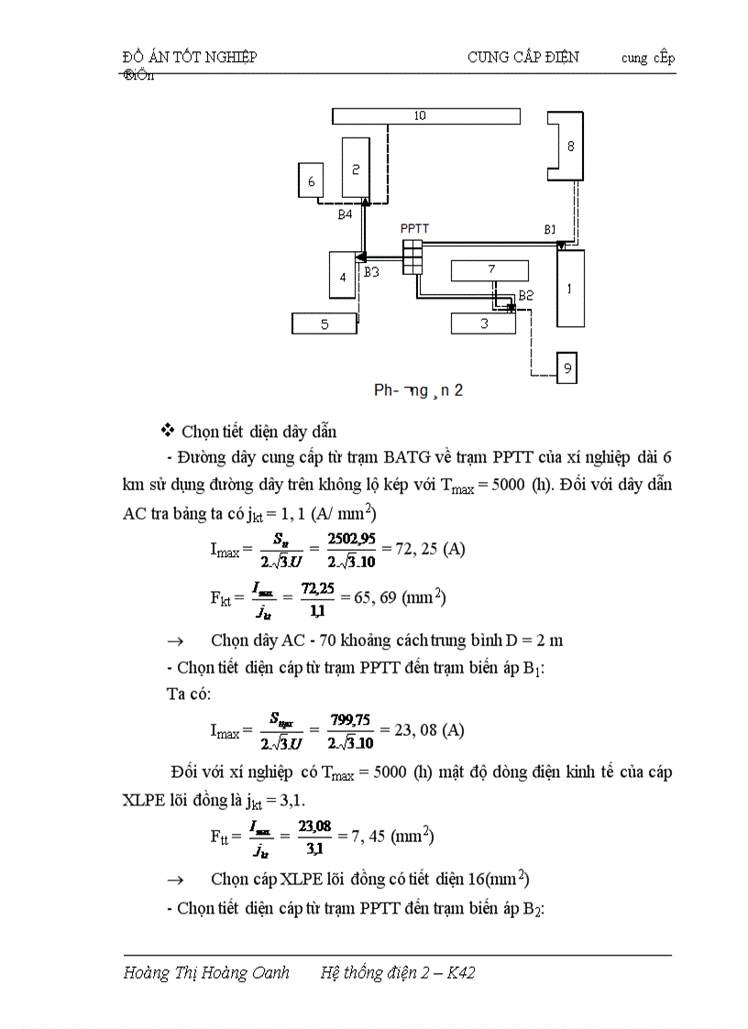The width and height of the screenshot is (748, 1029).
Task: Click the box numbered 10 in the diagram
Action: [x=425, y=116]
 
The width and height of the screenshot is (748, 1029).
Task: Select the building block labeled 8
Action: [x=568, y=147]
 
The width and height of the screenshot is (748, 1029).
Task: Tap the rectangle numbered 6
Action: [x=312, y=181]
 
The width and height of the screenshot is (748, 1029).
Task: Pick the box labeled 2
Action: [x=356, y=169]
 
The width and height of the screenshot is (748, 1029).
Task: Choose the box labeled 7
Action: [x=490, y=270]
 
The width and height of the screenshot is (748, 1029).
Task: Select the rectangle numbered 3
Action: [x=484, y=323]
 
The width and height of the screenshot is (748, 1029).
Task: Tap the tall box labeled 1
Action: [x=570, y=288]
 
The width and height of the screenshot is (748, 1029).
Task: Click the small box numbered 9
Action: [x=567, y=368]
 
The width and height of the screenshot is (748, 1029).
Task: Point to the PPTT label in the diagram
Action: [x=414, y=228]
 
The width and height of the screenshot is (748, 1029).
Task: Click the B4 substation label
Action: [x=345, y=214]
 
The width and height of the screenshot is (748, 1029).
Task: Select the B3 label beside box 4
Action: [x=371, y=272]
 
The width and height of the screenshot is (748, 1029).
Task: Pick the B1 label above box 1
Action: [x=550, y=228]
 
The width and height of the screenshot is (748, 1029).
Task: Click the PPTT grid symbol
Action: [x=412, y=257]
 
